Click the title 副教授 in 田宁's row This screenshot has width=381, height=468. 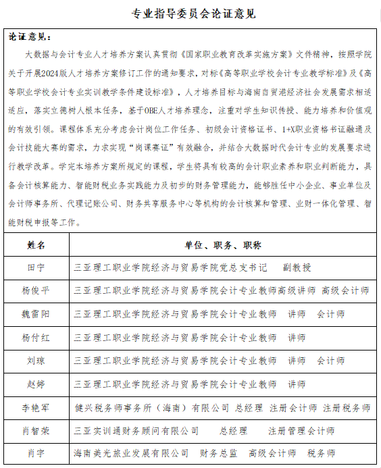pos(297,267)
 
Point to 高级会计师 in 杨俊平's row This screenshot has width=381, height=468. pos(345,290)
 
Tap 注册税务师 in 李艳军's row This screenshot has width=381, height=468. pos(346,407)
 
